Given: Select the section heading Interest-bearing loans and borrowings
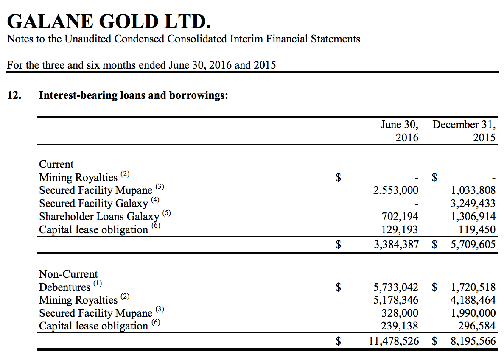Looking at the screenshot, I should [x=134, y=95].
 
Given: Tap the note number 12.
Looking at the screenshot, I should [x=14, y=95].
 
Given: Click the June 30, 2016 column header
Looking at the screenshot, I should [x=399, y=131].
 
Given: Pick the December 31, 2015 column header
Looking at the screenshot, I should [x=464, y=131].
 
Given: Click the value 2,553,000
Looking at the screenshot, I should [x=395, y=190].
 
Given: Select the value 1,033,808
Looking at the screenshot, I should [x=473, y=190].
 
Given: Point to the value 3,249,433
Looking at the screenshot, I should [x=473, y=203].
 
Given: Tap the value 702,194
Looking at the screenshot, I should [x=400, y=216].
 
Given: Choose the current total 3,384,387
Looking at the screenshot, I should [x=395, y=244].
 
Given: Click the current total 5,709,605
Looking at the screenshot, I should [x=473, y=244].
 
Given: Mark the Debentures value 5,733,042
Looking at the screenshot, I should [x=395, y=287].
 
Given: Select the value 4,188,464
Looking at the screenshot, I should [x=473, y=300].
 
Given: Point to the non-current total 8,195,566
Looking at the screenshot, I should [x=473, y=340].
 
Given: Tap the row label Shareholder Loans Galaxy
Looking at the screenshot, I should [x=99, y=217].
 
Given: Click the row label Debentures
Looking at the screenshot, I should [x=64, y=287].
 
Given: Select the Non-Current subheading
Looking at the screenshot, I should [x=68, y=274].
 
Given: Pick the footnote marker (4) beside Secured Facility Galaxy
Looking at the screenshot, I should [x=156, y=199].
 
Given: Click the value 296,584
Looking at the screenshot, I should [x=477, y=326].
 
